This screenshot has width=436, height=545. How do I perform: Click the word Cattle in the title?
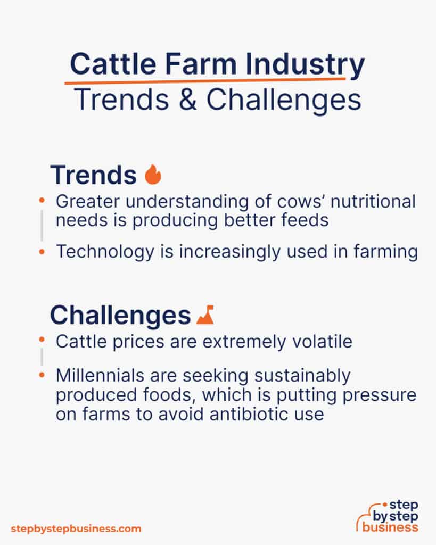click(113, 64)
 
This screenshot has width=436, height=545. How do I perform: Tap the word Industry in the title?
click(305, 65)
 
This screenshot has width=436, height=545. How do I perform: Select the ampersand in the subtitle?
click(188, 100)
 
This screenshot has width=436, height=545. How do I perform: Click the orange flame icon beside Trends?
click(153, 174)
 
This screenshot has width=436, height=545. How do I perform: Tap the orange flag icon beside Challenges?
click(205, 315)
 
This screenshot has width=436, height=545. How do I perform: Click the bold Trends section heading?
click(94, 175)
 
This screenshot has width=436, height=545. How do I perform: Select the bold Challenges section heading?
click(120, 316)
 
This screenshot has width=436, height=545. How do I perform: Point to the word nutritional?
click(373, 201)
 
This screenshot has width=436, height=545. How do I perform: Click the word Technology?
click(105, 252)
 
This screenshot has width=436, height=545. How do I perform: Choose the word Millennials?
click(100, 375)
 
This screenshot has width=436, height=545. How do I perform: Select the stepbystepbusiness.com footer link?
click(76, 529)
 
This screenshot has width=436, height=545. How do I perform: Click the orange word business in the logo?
click(390, 527)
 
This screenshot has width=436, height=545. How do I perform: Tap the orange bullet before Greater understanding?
click(42, 200)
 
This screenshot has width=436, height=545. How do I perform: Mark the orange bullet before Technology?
click(42, 251)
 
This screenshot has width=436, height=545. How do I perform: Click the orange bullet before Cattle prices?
click(42, 340)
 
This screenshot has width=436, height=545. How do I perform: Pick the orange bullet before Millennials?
click(42, 375)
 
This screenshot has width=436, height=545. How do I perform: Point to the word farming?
click(385, 252)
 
